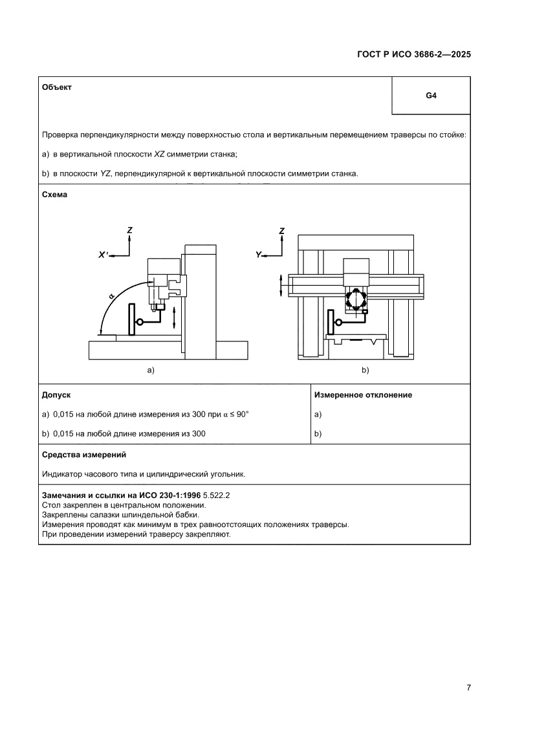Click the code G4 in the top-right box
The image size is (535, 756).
pos(431,96)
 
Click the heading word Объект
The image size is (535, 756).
pos(57,87)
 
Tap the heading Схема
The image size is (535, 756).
pos(54,194)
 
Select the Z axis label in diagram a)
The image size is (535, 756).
pos(130,230)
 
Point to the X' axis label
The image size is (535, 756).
pos(104,255)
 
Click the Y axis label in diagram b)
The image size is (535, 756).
pos(259,255)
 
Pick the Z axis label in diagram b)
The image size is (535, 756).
pos(281,230)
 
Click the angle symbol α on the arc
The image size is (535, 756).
pos(111,296)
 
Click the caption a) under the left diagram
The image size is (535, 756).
pos(151,370)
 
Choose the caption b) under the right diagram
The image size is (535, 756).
pos(365,370)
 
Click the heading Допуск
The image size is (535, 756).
pos(56,394)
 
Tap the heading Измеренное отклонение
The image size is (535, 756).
pos(362,394)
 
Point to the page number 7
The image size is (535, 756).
pos(468,687)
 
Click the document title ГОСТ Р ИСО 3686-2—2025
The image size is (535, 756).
pos(413,55)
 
